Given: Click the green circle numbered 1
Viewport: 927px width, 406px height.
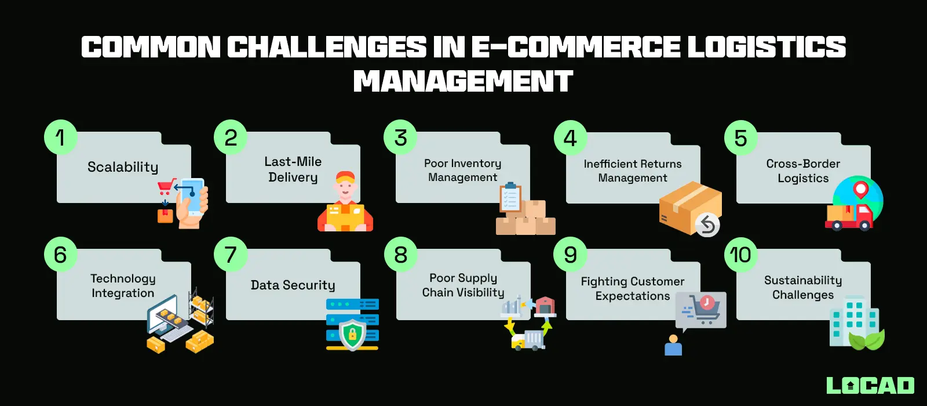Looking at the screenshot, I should (61, 138).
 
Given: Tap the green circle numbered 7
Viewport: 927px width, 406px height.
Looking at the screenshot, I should (231, 255).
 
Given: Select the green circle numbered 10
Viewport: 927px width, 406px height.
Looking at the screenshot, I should (740, 255).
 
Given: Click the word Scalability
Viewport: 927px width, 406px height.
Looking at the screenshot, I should (123, 167).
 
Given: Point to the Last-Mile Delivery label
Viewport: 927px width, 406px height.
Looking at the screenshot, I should (293, 169).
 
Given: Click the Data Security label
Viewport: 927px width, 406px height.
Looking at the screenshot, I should (293, 285).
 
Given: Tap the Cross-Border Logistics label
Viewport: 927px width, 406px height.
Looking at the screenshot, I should (803, 171).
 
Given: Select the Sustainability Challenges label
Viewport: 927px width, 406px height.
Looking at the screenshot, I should (803, 288).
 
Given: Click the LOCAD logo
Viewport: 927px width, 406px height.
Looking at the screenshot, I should (870, 386).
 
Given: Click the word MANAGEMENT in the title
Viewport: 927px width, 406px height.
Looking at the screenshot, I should (463, 81).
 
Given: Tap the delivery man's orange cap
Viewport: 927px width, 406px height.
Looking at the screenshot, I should (345, 177).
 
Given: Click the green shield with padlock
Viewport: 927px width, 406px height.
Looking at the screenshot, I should (352, 335).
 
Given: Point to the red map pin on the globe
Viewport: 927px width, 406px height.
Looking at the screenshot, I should (861, 189).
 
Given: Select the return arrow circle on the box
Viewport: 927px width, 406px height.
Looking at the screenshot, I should (707, 225).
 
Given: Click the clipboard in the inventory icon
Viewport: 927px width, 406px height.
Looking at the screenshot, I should (510, 198).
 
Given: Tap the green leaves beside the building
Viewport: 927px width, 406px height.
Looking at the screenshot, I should (867, 339).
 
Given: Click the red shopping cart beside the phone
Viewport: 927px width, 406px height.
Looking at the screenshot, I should (166, 187).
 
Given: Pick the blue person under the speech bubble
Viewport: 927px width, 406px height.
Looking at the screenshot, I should (673, 346).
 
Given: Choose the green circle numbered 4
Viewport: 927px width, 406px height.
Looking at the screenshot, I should (571, 138).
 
